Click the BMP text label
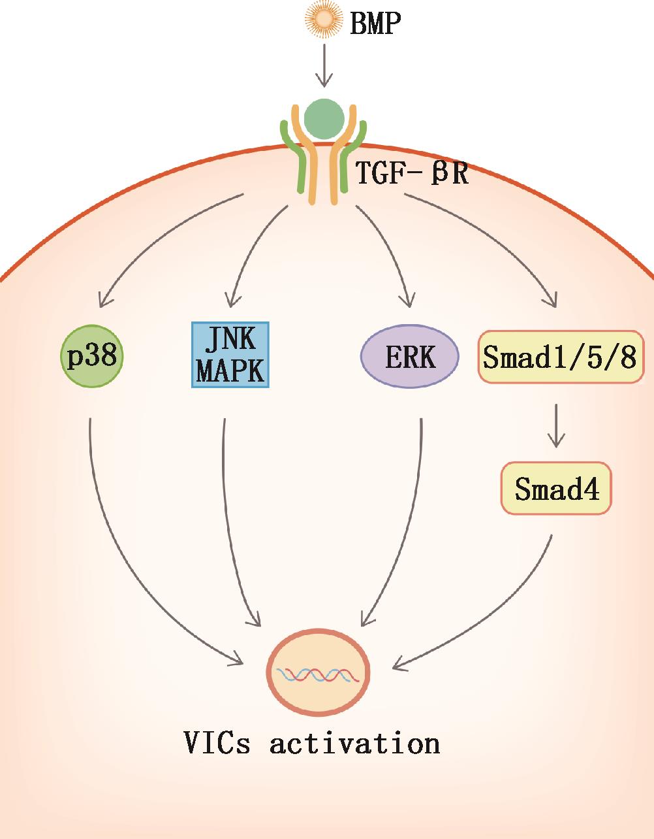375,24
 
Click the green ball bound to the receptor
324,118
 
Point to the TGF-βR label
412,173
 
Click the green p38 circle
92,357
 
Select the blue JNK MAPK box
230,355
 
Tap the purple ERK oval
409,357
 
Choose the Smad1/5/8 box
561,357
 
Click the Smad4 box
555,489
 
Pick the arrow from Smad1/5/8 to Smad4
555,425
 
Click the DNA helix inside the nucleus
319,674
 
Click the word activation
354,743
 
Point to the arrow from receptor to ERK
388,248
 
